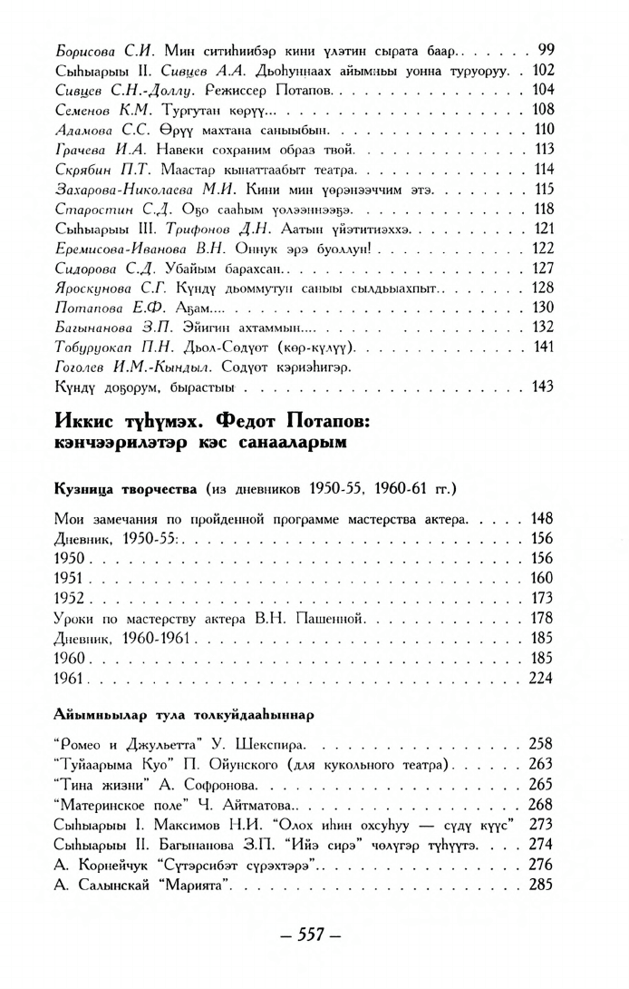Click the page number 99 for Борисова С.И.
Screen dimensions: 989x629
click(546, 48)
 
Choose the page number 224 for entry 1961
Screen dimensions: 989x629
click(540, 678)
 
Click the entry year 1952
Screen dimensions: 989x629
click(70, 599)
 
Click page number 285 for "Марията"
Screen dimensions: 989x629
click(540, 885)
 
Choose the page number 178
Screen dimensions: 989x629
click(540, 618)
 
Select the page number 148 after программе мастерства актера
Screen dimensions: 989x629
click(540, 519)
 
